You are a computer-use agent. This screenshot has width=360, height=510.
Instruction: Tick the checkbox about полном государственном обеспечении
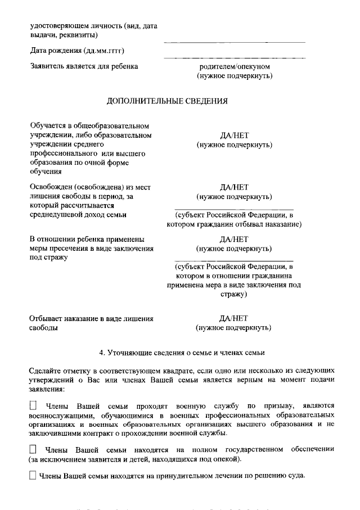(x=33, y=449)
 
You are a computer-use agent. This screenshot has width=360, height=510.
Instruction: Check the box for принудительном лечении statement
(x=33, y=475)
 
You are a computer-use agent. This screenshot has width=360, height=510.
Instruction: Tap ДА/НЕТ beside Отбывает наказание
(x=234, y=318)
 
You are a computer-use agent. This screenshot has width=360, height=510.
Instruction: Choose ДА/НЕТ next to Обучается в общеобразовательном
(x=234, y=136)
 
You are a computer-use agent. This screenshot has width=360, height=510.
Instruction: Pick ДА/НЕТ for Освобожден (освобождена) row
(x=234, y=187)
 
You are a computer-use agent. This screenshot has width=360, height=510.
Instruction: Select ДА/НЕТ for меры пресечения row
(x=234, y=238)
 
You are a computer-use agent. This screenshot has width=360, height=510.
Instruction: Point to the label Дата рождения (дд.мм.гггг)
(x=76, y=51)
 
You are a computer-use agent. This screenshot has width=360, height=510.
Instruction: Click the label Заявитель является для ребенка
(x=84, y=66)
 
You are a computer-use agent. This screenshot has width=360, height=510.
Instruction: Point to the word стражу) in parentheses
(x=234, y=294)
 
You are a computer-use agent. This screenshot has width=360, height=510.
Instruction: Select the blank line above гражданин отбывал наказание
(x=234, y=208)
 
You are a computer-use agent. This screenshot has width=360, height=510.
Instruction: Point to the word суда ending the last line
(x=295, y=476)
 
